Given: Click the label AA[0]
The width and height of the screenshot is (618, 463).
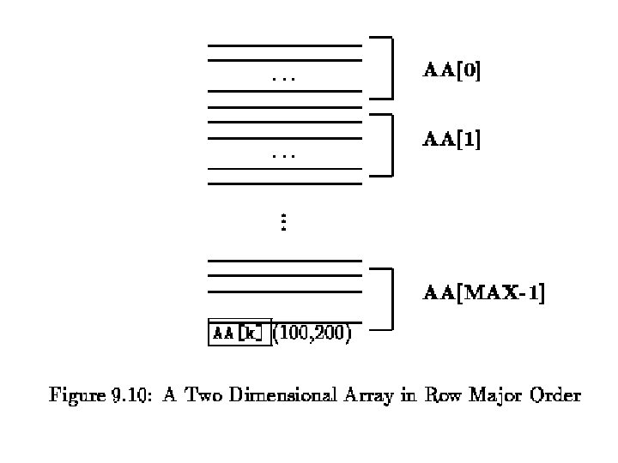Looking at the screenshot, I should tap(452, 71).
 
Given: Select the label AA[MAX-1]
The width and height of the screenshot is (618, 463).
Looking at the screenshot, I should tap(484, 295).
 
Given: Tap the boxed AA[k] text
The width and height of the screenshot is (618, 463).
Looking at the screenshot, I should tap(239, 331).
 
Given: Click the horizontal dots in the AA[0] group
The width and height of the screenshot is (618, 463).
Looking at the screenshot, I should tap(283, 80).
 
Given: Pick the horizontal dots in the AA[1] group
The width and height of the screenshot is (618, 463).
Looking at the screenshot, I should tap(283, 157).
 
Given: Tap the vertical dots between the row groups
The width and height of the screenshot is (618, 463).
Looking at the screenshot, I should tap(283, 223).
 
